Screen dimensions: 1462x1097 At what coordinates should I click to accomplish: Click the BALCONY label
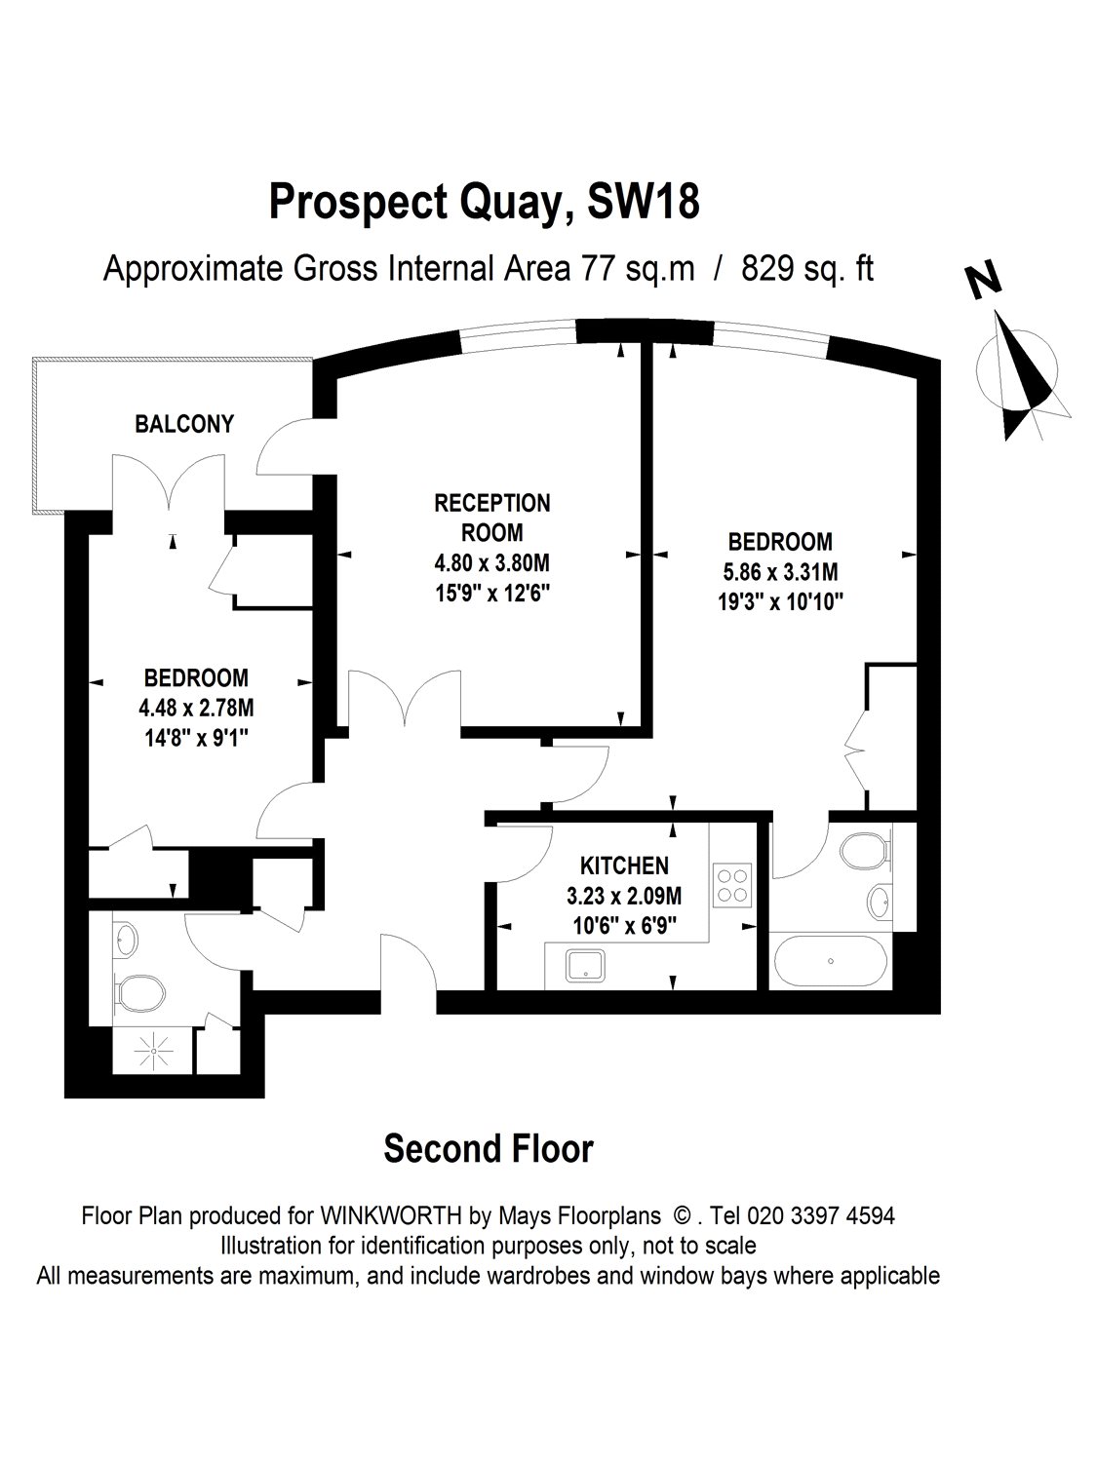pyautogui.click(x=184, y=424)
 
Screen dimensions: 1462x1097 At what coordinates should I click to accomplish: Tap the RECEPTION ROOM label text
pyautogui.click(x=491, y=518)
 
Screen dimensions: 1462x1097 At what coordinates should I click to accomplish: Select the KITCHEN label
pyautogui.click(x=624, y=865)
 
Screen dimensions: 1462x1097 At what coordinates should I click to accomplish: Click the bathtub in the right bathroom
pyautogui.click(x=830, y=962)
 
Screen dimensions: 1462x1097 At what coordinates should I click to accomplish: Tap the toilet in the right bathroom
pyautogui.click(x=864, y=849)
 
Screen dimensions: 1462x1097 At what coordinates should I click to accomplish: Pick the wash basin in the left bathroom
pyautogui.click(x=126, y=939)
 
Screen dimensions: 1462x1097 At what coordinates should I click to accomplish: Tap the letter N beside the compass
pyautogui.click(x=985, y=280)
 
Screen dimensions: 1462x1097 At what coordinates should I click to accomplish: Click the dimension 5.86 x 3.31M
pyautogui.click(x=780, y=572)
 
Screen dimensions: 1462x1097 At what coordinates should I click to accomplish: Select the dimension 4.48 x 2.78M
pyautogui.click(x=196, y=708)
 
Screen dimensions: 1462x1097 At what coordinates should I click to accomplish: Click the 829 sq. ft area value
pyautogui.click(x=807, y=268)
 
